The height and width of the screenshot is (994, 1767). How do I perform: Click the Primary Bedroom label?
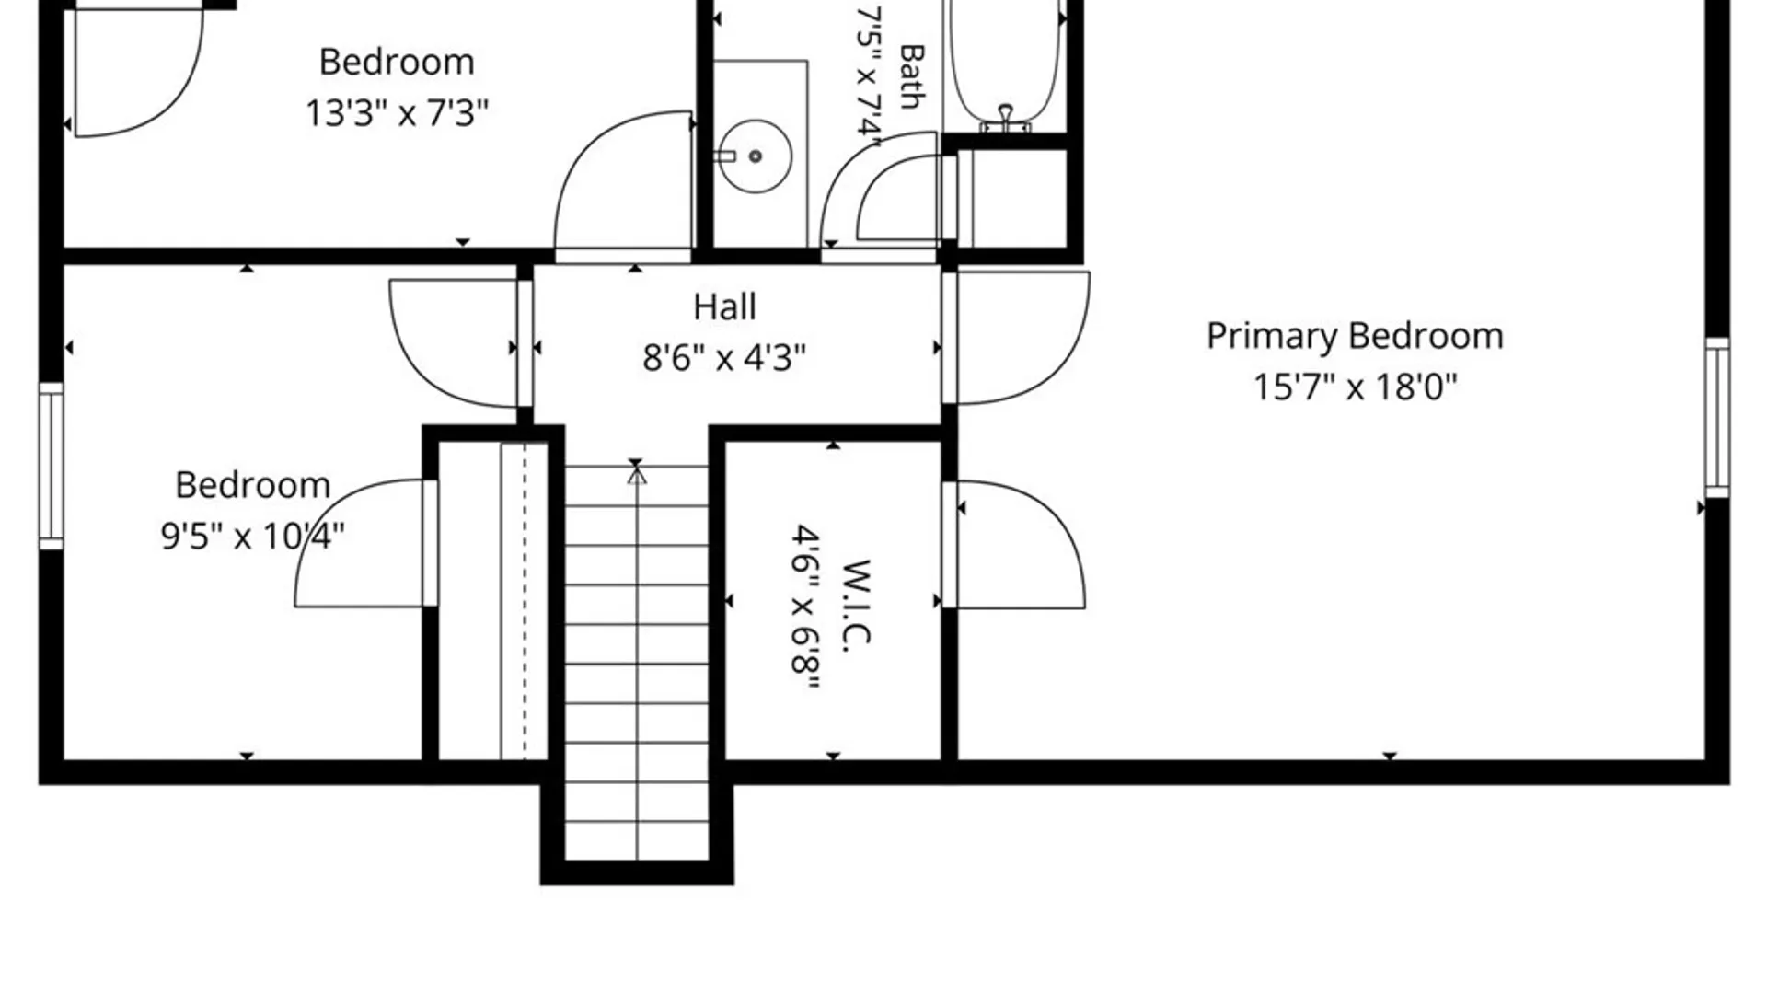(1355, 337)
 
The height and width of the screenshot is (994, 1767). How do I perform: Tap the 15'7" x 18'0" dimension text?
(1355, 387)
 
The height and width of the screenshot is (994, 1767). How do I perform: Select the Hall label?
(724, 307)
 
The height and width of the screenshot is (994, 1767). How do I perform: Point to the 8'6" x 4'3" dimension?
(724, 357)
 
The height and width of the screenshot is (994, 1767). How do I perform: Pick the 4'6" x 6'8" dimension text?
(806, 607)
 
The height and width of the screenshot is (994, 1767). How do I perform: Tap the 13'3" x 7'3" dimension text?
(397, 113)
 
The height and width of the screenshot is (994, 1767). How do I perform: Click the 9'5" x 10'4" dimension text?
(252, 535)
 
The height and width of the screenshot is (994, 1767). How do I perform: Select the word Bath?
(911, 76)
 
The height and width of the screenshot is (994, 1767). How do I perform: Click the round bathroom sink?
(755, 156)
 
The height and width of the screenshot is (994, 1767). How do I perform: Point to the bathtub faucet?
(1006, 118)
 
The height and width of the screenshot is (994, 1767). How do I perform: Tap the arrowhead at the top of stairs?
(636, 475)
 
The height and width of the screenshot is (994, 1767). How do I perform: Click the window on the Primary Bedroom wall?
(1717, 418)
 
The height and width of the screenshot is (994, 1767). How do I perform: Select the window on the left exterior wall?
(52, 466)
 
